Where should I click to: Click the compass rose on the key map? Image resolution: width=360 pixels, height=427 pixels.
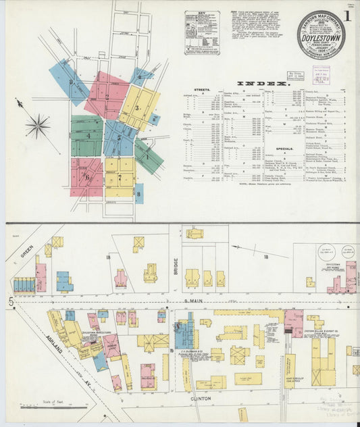tap(38, 126)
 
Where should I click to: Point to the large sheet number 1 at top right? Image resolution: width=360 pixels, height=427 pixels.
tap(347, 15)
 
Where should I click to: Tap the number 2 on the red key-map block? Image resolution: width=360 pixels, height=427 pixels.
tap(107, 97)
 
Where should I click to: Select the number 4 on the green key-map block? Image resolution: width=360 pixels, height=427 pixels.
tap(88, 136)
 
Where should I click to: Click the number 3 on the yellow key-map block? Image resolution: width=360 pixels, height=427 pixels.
tap(137, 107)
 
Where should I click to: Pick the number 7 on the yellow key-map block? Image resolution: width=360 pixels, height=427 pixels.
tap(120, 178)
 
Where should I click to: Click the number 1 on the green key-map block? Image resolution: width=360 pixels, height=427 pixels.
tap(147, 157)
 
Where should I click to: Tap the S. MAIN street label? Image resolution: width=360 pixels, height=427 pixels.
tap(194, 302)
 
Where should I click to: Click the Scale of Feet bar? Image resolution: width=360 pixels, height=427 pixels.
tap(46, 407)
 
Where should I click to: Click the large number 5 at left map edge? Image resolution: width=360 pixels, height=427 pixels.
tap(11, 302)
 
